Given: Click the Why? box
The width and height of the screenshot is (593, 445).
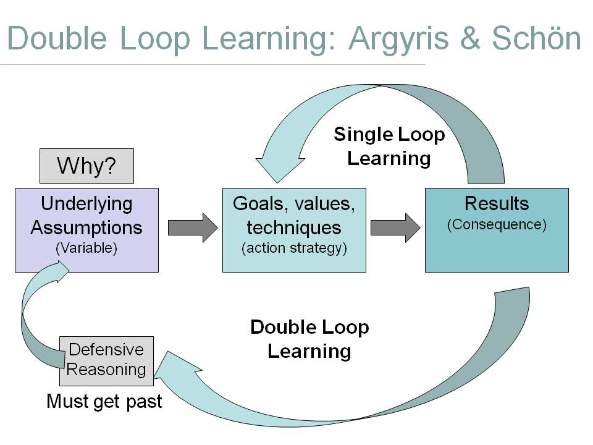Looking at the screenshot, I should click(86, 166).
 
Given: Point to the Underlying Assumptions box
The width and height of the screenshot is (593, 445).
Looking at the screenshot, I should click(86, 230).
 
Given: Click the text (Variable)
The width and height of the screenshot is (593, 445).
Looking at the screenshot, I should click(86, 248).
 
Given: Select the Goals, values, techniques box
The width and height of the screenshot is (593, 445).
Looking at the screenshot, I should click(294, 230).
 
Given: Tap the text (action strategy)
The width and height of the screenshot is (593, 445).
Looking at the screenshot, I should click(294, 248).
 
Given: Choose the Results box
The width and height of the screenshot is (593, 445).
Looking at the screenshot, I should click(497, 230).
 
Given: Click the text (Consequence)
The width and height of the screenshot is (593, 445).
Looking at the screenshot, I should click(497, 224).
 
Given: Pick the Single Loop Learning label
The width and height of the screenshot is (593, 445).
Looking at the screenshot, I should click(389, 146).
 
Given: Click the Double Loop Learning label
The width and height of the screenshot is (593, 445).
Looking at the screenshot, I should click(309, 339).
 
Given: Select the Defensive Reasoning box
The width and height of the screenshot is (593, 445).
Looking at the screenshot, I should click(106, 360).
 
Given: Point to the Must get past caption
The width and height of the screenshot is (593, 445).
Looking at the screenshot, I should click(104, 401).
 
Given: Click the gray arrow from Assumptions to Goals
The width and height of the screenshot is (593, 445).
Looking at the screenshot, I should click(193, 227).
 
